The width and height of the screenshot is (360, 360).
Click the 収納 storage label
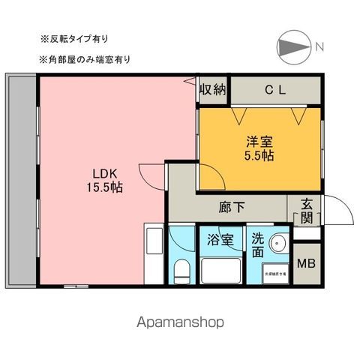point(212,90)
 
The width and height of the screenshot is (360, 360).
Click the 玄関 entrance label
point(307,210)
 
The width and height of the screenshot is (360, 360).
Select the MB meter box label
point(306,263)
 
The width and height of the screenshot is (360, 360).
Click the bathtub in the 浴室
point(220,270)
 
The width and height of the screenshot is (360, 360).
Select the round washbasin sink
point(280,245)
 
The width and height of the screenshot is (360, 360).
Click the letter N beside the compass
point(319,47)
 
